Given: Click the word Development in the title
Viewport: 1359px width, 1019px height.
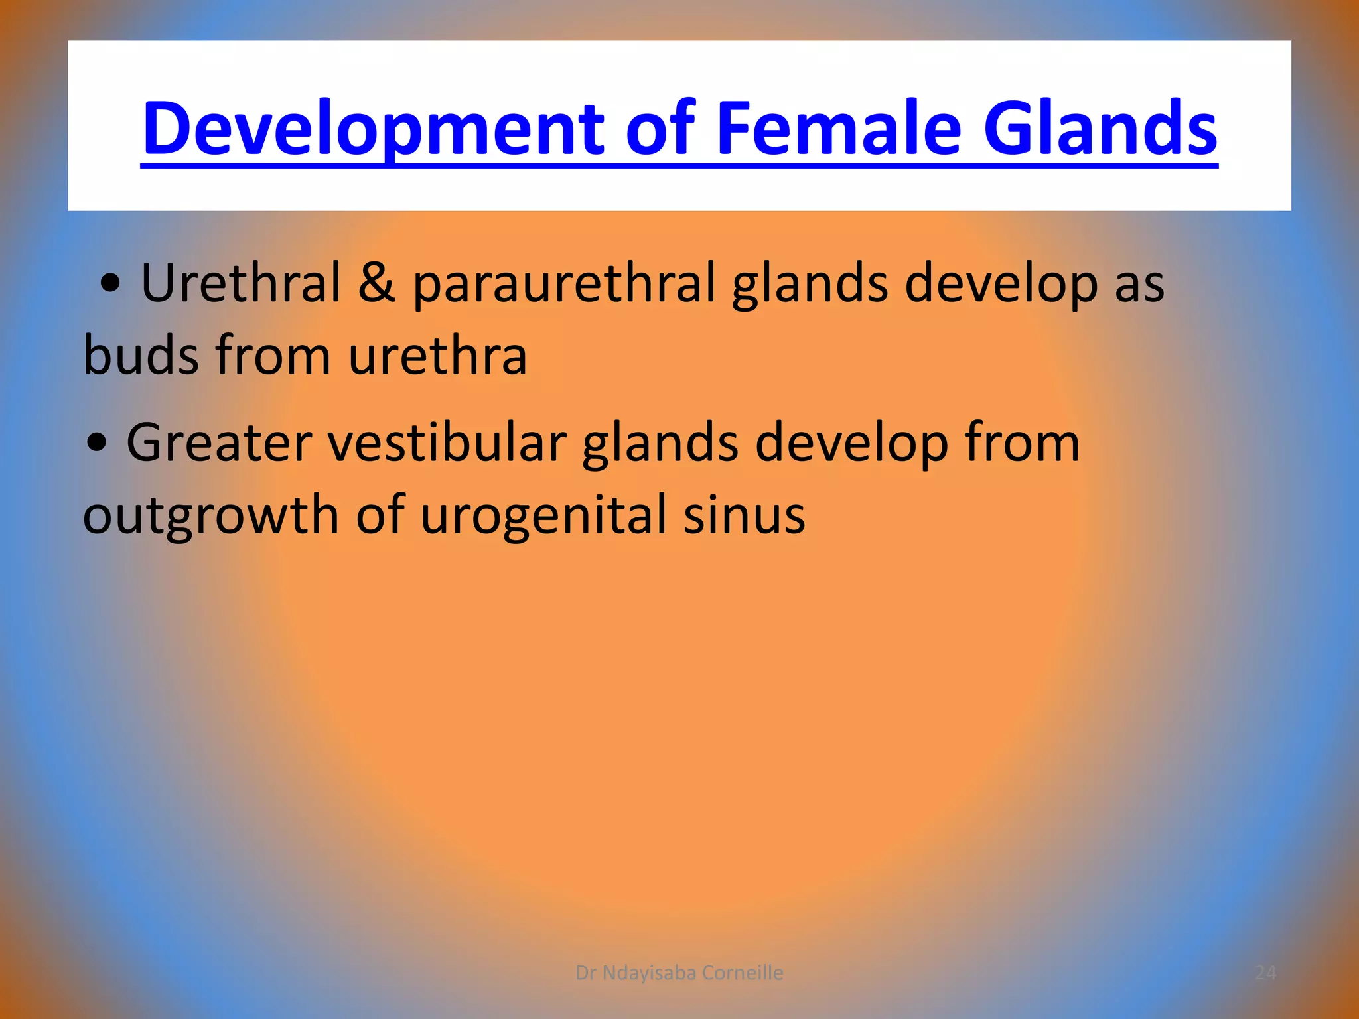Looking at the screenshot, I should tap(372, 129).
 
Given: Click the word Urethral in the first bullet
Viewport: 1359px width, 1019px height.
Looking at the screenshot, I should tap(240, 283).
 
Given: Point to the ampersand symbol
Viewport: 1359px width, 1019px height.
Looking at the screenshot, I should tap(376, 283).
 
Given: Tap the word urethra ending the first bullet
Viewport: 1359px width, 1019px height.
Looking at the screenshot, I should tap(437, 356).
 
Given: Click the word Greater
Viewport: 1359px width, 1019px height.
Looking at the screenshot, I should tap(218, 443).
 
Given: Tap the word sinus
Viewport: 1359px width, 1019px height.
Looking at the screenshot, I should tap(744, 516).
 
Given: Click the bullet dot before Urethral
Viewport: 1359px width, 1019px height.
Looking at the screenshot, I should tap(110, 285).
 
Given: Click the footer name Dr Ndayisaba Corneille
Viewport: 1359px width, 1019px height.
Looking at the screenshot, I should tap(679, 973).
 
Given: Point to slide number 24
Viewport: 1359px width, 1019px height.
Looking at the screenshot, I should tap(1265, 973).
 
